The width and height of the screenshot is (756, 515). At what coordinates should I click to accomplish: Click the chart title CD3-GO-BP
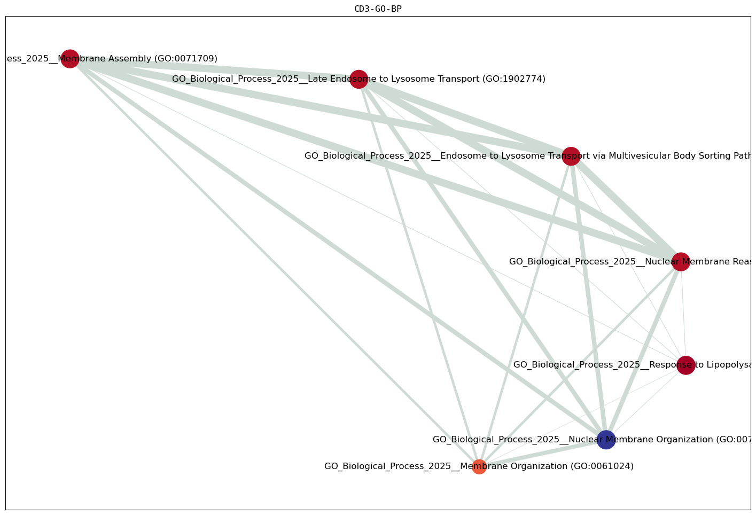[x=378, y=9]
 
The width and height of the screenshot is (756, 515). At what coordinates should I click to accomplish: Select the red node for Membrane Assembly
[x=70, y=59]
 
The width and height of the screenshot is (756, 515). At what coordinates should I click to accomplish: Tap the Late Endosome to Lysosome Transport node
[x=358, y=79]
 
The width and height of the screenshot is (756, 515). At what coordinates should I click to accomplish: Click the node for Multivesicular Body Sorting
[x=571, y=156]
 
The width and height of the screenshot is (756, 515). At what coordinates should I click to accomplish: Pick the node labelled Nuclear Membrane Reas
[x=680, y=262]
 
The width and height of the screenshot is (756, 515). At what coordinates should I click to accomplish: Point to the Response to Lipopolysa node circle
[x=686, y=365]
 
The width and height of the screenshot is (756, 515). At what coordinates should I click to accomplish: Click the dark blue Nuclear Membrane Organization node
[x=606, y=440]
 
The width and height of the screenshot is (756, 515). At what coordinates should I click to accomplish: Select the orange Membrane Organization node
[x=479, y=466]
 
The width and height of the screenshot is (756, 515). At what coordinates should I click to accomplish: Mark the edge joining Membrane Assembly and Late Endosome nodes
[x=214, y=69]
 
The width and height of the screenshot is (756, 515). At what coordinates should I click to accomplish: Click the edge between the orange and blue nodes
[x=542, y=453]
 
